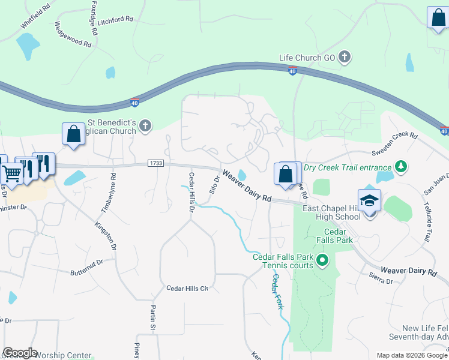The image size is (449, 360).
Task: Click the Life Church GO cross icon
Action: [x=345, y=58]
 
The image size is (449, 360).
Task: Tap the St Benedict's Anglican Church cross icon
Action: [x=145, y=125]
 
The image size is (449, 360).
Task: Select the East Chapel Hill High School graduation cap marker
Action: [x=369, y=201]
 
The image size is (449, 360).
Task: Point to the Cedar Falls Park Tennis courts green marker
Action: [x=322, y=260]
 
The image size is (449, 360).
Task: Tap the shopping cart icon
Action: [x=11, y=173]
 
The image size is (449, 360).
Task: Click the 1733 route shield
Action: [x=155, y=164]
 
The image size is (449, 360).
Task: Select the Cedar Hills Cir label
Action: [x=187, y=289]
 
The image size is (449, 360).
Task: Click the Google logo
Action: [x=20, y=353]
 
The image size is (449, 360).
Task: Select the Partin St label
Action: [x=153, y=317]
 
